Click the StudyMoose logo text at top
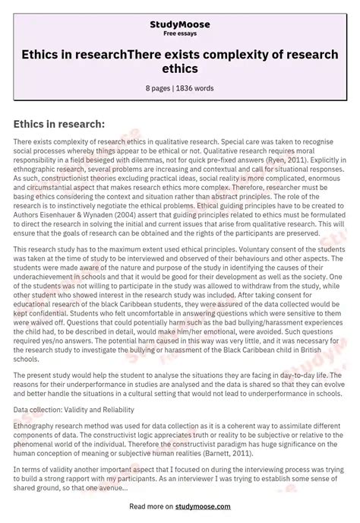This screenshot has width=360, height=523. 180,24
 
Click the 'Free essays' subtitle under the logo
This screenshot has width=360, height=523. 180,34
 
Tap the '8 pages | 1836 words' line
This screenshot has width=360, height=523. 180,88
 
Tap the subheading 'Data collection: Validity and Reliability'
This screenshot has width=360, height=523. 83,388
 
